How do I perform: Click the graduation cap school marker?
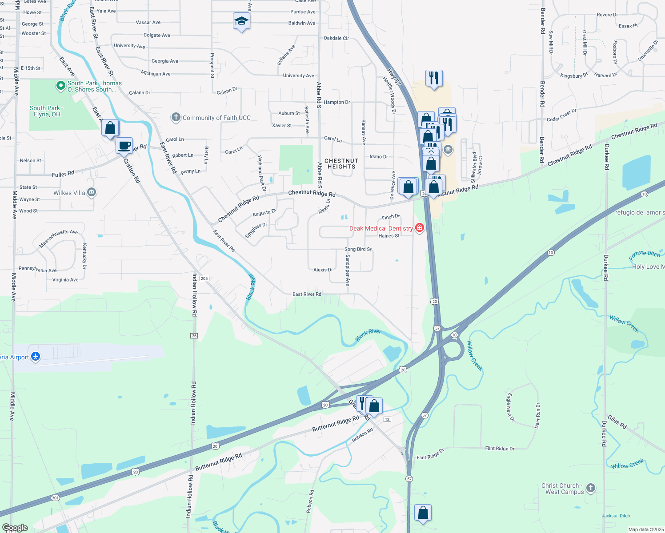click(x=241, y=21)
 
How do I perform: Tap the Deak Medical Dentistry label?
click(x=381, y=228)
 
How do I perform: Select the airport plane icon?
click(x=36, y=357)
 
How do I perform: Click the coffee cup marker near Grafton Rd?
click(x=124, y=146)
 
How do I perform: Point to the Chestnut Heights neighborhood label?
click(x=341, y=164)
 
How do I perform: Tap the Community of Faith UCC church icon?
click(x=176, y=117)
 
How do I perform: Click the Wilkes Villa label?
click(x=69, y=193)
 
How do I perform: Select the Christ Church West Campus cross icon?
click(x=590, y=488)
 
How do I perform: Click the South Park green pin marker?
click(x=61, y=86)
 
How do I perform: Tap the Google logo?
click(x=15, y=528)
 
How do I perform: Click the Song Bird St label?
click(x=358, y=249)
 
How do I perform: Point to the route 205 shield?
click(x=204, y=278)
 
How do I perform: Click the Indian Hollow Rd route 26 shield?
click(x=194, y=336)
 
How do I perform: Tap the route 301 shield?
click(x=55, y=498)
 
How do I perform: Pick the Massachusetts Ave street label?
click(x=58, y=239)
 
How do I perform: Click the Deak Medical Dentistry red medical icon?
click(x=419, y=228)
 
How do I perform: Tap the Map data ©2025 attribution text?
click(x=646, y=529)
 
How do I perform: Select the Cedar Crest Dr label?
click(x=561, y=115)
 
